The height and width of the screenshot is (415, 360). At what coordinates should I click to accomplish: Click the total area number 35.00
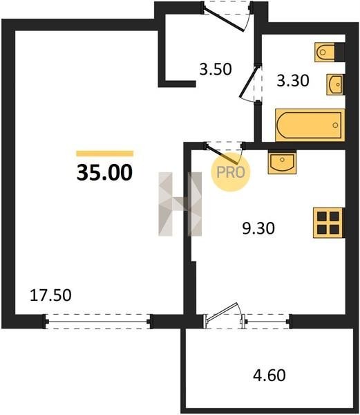[104, 172]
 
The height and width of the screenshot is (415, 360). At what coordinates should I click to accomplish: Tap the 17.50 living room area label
[50, 295]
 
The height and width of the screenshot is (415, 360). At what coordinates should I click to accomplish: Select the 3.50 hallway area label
[216, 69]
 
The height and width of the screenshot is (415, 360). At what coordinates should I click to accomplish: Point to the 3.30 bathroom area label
[293, 81]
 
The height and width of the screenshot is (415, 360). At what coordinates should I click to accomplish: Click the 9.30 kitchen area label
[258, 228]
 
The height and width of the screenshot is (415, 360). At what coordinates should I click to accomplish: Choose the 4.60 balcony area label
[269, 376]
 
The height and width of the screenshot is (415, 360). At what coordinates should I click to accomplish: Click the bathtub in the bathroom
[310, 125]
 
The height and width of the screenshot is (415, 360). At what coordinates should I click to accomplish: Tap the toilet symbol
[325, 52]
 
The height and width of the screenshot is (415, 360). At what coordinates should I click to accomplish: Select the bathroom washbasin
[335, 84]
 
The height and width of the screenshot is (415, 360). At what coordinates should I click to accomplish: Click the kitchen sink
[282, 162]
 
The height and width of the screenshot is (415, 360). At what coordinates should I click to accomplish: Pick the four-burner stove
[328, 223]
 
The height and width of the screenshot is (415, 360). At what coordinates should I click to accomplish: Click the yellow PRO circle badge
[231, 172]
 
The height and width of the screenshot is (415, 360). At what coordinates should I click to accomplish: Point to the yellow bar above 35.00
[104, 154]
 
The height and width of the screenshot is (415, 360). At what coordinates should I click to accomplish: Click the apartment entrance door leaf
[225, 19]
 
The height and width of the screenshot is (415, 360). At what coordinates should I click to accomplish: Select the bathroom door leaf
[249, 82]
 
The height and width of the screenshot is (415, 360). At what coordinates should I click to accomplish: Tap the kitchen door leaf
[222, 154]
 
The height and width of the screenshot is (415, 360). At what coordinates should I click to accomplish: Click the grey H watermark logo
[180, 204]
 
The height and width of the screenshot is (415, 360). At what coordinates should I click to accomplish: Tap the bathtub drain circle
[335, 125]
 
